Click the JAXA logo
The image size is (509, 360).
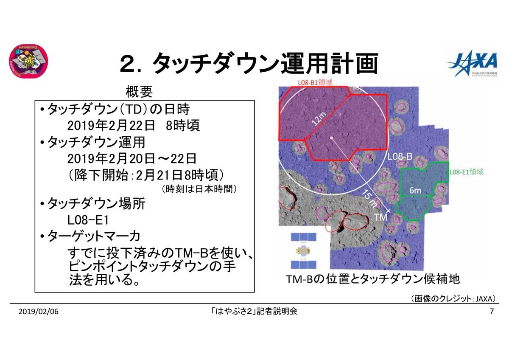click(472, 64)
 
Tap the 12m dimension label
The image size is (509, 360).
click(321, 121)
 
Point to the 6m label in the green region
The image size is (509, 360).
click(415, 191)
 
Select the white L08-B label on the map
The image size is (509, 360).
click(400, 157)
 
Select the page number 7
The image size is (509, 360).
click(492, 312)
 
